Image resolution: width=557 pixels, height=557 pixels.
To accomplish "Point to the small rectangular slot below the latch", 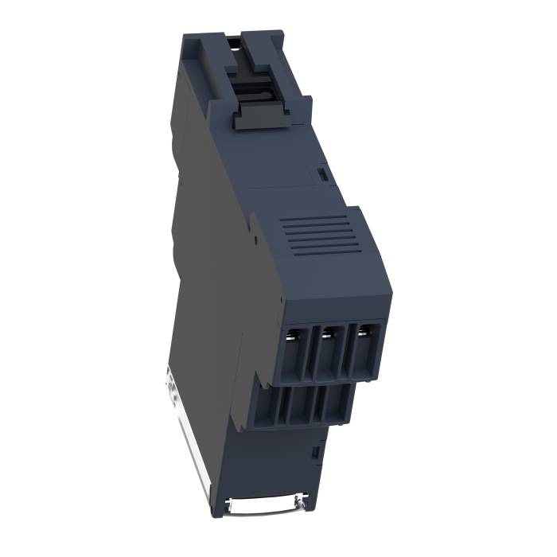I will click(323, 171).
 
